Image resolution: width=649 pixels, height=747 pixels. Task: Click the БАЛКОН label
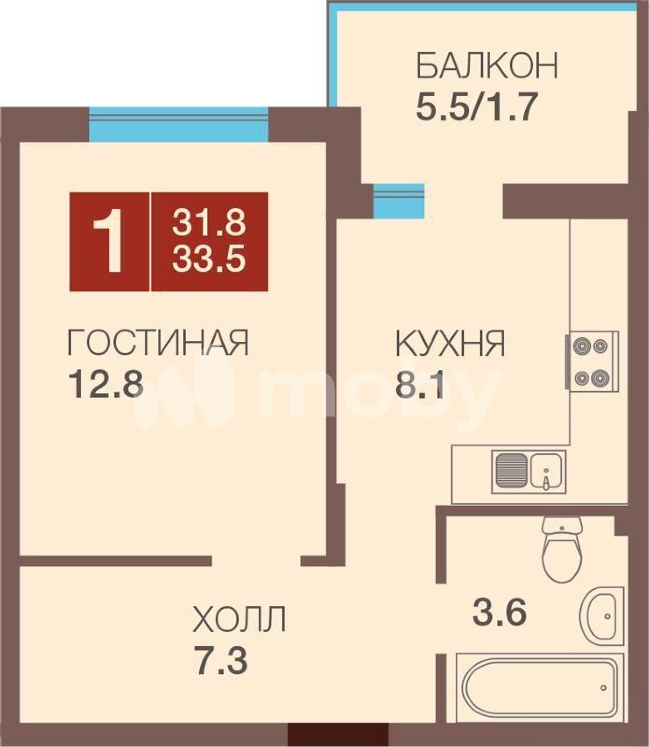click(487, 66)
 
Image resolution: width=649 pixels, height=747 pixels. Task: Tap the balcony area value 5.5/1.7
click(474, 107)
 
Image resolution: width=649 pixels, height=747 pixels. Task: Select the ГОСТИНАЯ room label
click(158, 342)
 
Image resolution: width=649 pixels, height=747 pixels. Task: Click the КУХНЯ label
click(450, 344)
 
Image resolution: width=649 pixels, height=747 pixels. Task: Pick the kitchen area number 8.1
click(419, 384)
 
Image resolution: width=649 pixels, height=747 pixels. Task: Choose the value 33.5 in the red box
click(209, 259)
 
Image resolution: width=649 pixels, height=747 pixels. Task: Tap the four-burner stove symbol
click(592, 361)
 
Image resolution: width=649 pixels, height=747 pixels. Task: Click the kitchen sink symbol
click(529, 472)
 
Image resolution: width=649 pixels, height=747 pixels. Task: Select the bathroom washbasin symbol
click(601, 616)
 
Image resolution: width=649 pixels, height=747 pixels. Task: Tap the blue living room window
click(178, 124)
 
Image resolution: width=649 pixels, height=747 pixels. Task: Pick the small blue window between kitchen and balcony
click(398, 201)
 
